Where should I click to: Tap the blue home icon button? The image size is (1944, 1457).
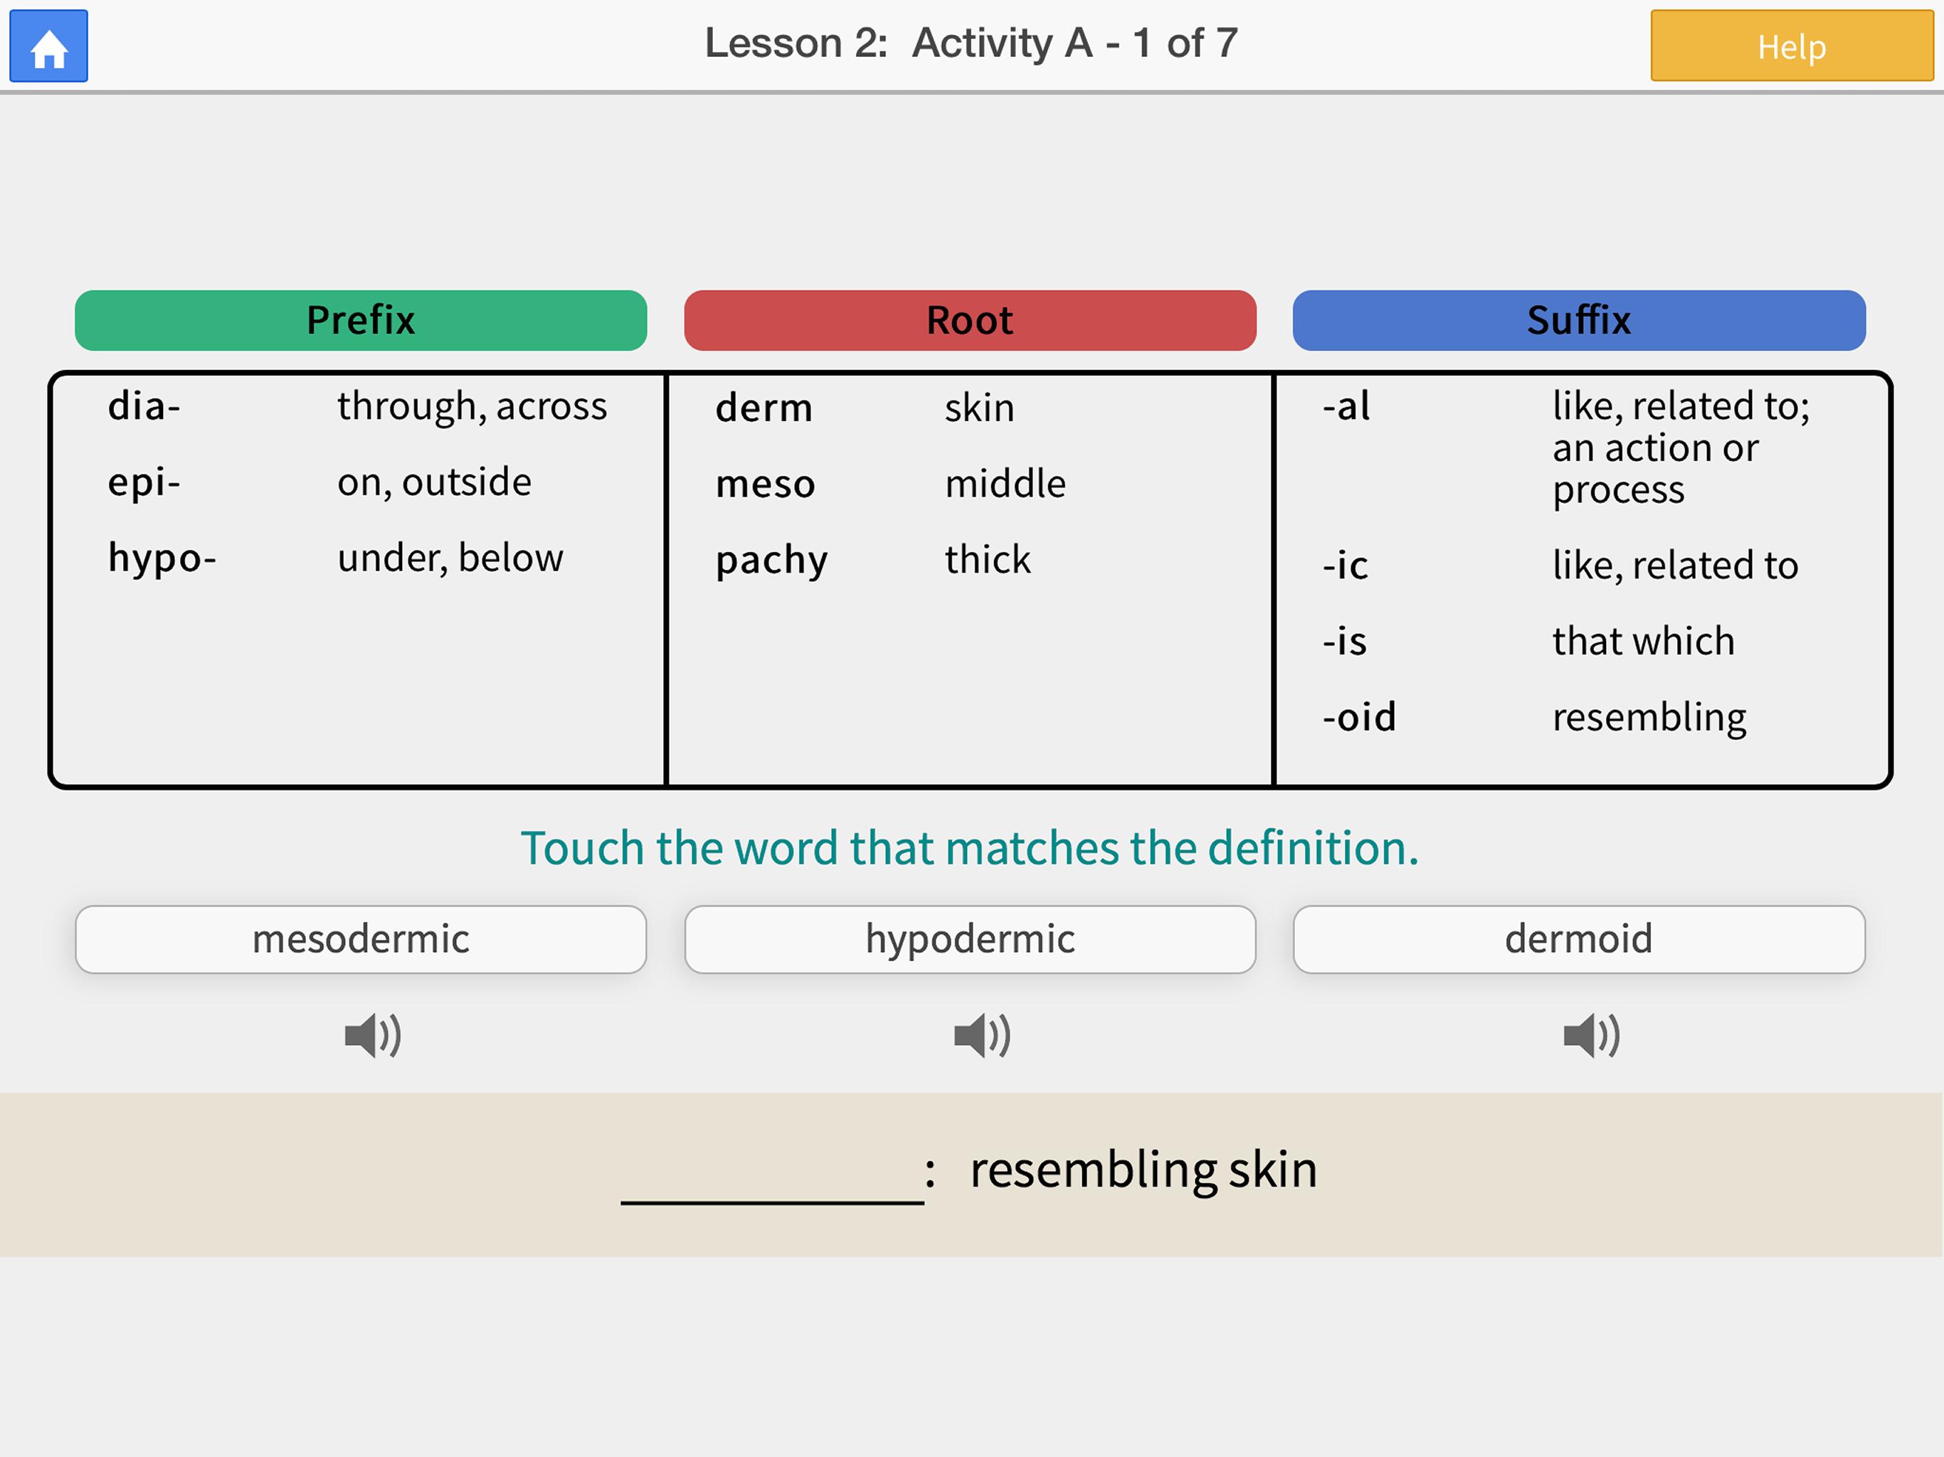[x=48, y=46]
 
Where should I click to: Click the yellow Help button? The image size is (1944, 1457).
[x=1791, y=46]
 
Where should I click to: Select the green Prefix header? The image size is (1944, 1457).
[x=360, y=320]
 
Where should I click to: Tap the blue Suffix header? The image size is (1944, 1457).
[x=1578, y=320]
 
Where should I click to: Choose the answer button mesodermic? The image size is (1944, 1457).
[x=360, y=938]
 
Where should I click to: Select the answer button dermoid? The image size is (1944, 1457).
[x=1578, y=938]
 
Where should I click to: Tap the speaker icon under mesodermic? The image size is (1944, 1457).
[x=373, y=1034]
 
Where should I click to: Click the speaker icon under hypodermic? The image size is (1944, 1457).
[x=982, y=1034]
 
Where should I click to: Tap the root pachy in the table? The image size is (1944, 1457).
[x=771, y=561]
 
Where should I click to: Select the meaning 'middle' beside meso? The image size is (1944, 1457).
[x=1005, y=483]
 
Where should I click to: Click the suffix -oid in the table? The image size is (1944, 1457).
[x=1358, y=717]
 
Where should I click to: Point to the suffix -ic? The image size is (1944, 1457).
[x=1345, y=565]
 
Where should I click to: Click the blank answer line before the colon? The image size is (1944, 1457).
[x=771, y=1202]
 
